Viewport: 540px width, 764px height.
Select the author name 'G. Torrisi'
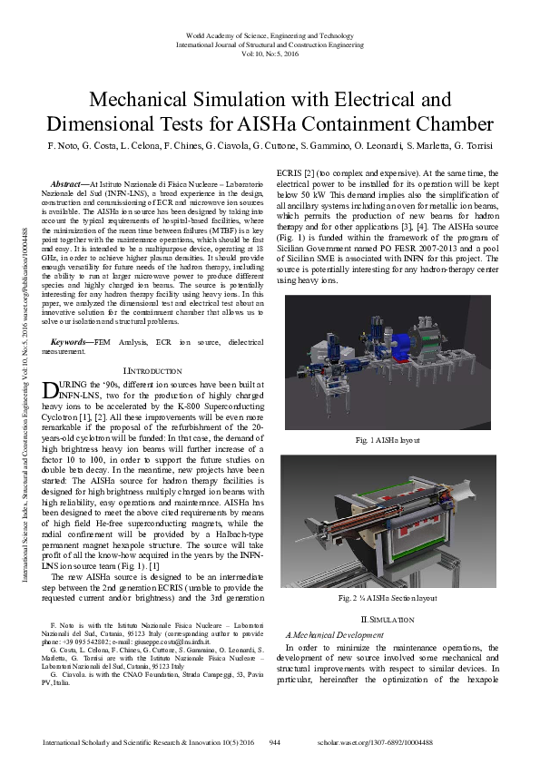tap(474, 145)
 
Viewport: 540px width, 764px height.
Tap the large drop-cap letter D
tap(52, 391)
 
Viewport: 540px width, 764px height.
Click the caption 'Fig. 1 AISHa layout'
tap(388, 439)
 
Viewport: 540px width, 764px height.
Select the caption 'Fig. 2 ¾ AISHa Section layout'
tap(388, 599)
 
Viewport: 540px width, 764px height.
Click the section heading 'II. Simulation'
tap(388, 618)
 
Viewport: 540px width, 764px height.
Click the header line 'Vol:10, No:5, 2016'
tap(270, 54)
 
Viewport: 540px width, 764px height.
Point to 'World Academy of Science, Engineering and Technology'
tap(270, 34)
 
